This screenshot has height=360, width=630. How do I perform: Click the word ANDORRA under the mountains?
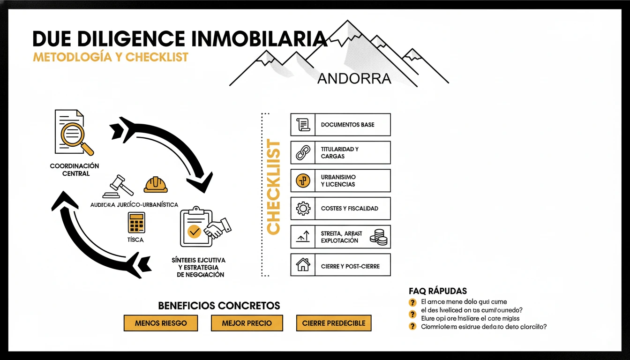click(x=354, y=78)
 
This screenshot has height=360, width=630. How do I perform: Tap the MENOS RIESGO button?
click(x=161, y=323)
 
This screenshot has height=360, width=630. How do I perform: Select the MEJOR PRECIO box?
click(x=247, y=323)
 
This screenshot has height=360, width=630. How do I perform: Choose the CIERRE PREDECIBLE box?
click(x=334, y=323)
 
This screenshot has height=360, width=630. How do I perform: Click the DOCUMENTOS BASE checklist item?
click(x=347, y=125)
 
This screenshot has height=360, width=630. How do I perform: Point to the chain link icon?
click(x=303, y=152)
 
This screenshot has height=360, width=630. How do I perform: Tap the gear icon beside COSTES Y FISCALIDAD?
click(x=303, y=208)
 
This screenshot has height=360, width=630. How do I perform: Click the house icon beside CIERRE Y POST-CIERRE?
click(x=303, y=265)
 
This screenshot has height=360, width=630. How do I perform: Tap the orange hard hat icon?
click(x=156, y=185)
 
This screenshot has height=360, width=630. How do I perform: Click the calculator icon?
click(x=136, y=223)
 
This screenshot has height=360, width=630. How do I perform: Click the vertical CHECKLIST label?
click(x=273, y=186)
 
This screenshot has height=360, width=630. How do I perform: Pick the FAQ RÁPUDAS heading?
click(x=437, y=291)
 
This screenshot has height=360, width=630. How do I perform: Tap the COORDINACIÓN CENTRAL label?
click(x=75, y=170)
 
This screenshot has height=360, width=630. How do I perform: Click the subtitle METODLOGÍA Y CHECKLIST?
click(x=110, y=57)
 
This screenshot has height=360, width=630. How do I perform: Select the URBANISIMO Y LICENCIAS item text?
click(x=338, y=180)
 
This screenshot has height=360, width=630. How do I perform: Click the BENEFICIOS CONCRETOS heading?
click(x=219, y=306)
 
